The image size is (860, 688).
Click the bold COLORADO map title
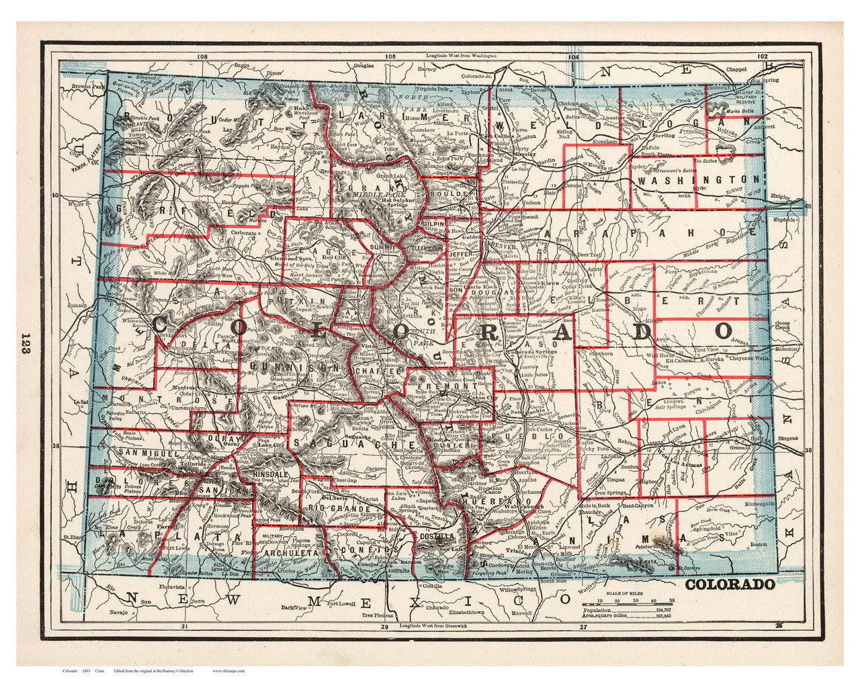[x=730, y=584]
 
